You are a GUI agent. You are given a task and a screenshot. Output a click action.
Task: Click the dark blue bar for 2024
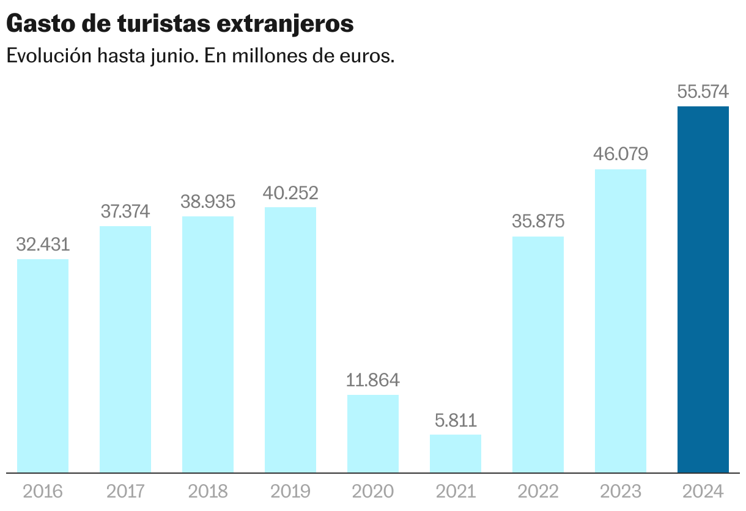[x=703, y=289]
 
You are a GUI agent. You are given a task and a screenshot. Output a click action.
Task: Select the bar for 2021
[x=456, y=454]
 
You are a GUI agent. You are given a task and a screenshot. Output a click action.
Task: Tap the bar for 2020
[x=373, y=433]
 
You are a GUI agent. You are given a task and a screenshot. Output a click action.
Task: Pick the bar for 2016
[x=43, y=366]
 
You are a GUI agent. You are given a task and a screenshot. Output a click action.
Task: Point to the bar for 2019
[x=290, y=340]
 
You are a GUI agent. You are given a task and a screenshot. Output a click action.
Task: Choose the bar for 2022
[x=538, y=355]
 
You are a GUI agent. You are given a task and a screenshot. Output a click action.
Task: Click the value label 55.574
[x=703, y=92]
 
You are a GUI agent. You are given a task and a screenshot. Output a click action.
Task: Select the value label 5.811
[x=456, y=421]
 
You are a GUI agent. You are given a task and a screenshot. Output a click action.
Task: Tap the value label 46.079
[x=621, y=154]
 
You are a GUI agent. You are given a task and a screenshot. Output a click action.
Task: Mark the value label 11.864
[x=373, y=380]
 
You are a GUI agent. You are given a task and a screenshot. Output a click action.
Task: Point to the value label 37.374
[x=125, y=212]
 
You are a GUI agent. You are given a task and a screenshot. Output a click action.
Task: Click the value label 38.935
[x=208, y=202]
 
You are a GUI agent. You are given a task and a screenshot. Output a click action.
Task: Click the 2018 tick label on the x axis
[x=208, y=491]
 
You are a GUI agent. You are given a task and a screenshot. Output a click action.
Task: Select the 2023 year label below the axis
[x=621, y=491]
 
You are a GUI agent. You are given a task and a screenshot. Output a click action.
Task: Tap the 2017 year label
[x=125, y=491]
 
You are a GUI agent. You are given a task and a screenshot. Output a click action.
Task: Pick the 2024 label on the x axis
[x=703, y=491]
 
